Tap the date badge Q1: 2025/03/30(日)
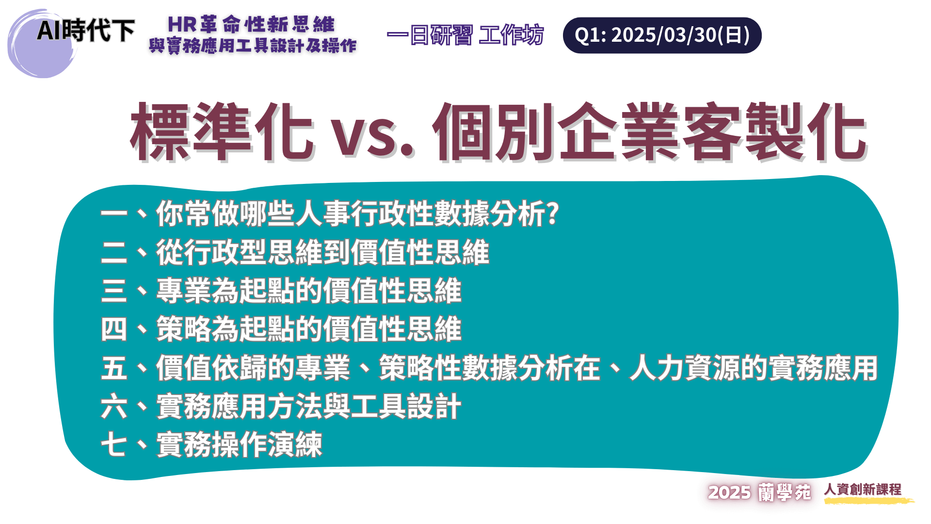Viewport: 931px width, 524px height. (662, 35)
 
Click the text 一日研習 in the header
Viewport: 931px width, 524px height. (430, 35)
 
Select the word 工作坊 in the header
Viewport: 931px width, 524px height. (511, 35)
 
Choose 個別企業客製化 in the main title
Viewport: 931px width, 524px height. (650, 131)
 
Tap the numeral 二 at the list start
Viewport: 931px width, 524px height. (114, 253)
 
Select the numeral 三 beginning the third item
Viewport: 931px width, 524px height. (114, 291)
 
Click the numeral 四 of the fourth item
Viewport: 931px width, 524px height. (114, 329)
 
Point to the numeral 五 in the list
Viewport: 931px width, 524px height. (114, 368)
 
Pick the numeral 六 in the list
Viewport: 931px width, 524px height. (114, 407)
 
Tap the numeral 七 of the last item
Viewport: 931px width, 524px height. (114, 445)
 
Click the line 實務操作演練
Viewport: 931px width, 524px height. (239, 445)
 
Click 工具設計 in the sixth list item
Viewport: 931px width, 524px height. (406, 407)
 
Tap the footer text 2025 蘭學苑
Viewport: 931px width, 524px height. (759, 492)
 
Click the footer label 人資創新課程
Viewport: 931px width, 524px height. (863, 490)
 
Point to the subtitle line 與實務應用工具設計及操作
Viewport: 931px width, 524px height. (253, 46)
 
